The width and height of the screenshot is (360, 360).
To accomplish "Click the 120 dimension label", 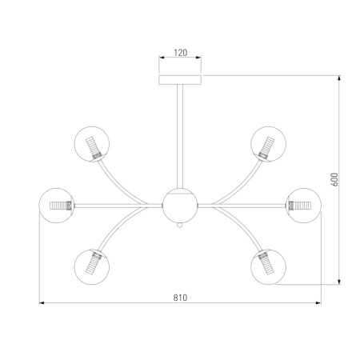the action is pos(181,53).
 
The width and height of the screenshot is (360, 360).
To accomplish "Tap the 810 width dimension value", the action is pos(180,298).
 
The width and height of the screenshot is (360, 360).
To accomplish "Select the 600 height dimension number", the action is pos(334,179).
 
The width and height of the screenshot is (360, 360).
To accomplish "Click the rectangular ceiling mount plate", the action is pos(180,80).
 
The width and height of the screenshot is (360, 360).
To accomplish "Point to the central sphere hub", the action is pos(180,206).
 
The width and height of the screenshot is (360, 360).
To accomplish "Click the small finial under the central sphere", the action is pos(180,226).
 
